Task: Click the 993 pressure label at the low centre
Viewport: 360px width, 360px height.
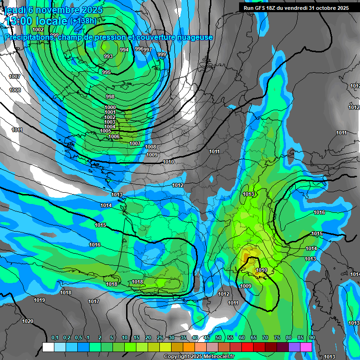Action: click(108, 56)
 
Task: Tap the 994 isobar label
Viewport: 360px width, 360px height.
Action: click(124, 50)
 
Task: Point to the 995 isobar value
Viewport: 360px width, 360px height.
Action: click(106, 72)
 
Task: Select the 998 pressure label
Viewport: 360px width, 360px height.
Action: click(110, 97)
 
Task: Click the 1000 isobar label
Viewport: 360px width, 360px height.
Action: click(110, 108)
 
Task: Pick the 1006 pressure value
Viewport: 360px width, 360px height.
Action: click(114, 136)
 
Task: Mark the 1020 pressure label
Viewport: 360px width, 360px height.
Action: click(28, 321)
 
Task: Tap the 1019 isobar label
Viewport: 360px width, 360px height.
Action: click(39, 300)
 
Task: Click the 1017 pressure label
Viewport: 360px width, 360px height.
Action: click(94, 301)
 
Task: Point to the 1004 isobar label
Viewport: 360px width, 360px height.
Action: click(110, 127)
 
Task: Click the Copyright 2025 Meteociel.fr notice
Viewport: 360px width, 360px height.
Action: click(199, 356)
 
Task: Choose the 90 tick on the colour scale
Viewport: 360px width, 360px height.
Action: click(312, 337)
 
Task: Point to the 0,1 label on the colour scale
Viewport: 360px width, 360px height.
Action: click(54, 337)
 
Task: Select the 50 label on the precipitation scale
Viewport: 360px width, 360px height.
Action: click(218, 337)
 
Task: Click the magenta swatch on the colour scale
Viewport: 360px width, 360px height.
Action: click(306, 347)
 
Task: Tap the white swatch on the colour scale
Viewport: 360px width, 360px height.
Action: click(48, 347)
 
